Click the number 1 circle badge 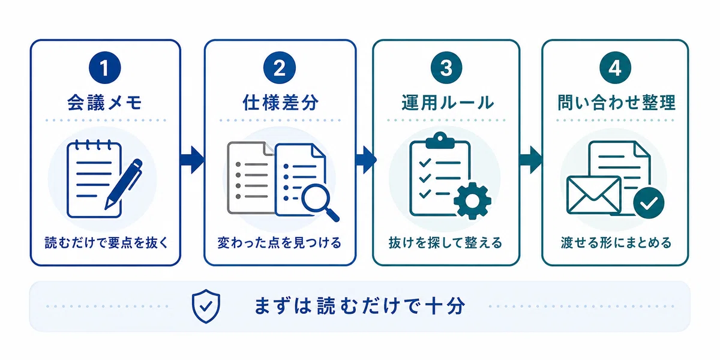pyautogui.click(x=105, y=68)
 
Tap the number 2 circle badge pyautogui.click(x=280, y=68)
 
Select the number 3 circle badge pyautogui.click(x=446, y=68)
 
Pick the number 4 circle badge pyautogui.click(x=615, y=68)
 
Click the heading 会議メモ pyautogui.click(x=105, y=103)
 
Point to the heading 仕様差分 pyautogui.click(x=280, y=103)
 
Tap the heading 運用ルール pyautogui.click(x=448, y=103)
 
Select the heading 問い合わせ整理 pyautogui.click(x=616, y=103)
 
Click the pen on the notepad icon pyautogui.click(x=124, y=184)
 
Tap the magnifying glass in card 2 pyautogui.click(x=319, y=202)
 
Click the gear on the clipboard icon pyautogui.click(x=472, y=201)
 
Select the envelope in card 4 pyautogui.click(x=593, y=195)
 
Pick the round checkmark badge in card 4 pyautogui.click(x=649, y=203)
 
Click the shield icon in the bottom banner pyautogui.click(x=206, y=306)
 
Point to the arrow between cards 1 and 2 pyautogui.click(x=192, y=160)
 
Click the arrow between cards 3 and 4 pyautogui.click(x=530, y=160)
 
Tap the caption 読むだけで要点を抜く pyautogui.click(x=106, y=242)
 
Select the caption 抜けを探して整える pyautogui.click(x=445, y=242)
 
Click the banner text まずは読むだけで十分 pyautogui.click(x=359, y=305)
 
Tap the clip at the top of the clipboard pyautogui.click(x=440, y=140)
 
